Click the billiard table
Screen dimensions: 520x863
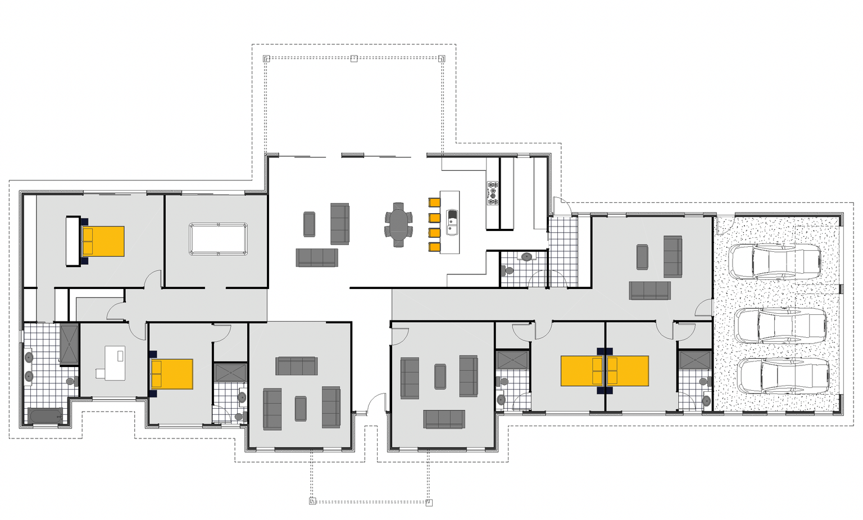pyautogui.click(x=219, y=239)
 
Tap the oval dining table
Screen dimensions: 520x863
pyautogui.click(x=398, y=224)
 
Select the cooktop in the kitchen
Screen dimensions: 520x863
pyautogui.click(x=493, y=193)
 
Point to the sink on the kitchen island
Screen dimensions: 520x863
pyautogui.click(x=452, y=221)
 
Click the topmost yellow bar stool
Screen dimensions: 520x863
pyautogui.click(x=434, y=202)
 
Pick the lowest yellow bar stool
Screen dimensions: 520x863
pyautogui.click(x=434, y=247)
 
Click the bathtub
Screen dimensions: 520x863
pyautogui.click(x=46, y=417)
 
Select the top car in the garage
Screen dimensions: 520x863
pyautogui.click(x=775, y=261)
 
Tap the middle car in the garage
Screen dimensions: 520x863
pyautogui.click(x=781, y=326)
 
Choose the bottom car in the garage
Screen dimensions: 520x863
pyautogui.click(x=783, y=376)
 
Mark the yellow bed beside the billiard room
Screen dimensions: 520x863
pyautogui.click(x=103, y=241)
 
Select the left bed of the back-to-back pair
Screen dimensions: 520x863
pyautogui.click(x=582, y=371)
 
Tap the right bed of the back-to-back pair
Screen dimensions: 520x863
pyautogui.click(x=628, y=371)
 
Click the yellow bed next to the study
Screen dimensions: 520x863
pyautogui.click(x=171, y=374)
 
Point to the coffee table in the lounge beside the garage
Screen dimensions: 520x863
pyautogui.click(x=642, y=257)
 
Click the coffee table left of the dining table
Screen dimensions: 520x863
pyautogui.click(x=309, y=224)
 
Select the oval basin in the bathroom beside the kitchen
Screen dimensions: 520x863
pyautogui.click(x=526, y=257)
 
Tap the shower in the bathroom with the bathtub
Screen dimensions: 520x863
pyautogui.click(x=69, y=343)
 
